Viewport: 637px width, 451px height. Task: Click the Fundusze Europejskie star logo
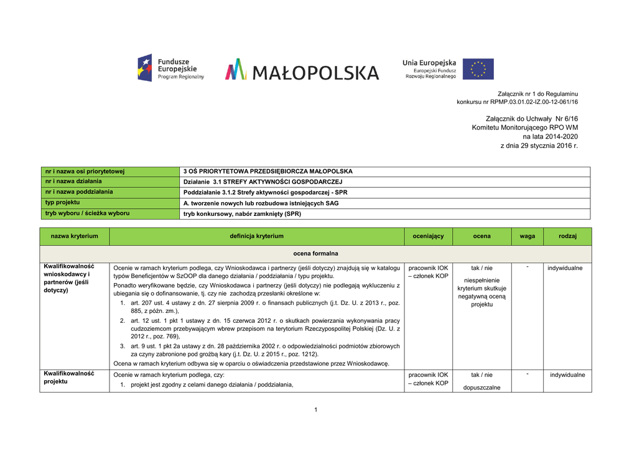(145, 68)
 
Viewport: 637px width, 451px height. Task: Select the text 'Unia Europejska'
(429, 63)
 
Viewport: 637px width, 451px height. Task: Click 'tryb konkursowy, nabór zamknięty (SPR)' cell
(242, 214)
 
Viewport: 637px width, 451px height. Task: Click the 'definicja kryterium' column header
(256, 236)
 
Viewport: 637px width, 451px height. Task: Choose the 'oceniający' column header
(429, 236)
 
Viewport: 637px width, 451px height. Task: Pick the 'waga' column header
(527, 236)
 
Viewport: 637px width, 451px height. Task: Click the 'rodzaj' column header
(567, 236)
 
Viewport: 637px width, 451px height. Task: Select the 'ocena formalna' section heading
(315, 254)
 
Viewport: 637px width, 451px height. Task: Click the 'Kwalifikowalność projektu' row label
(68, 378)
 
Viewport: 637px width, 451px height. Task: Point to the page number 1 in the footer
(316, 409)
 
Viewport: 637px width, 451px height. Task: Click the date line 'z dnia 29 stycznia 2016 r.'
(539, 146)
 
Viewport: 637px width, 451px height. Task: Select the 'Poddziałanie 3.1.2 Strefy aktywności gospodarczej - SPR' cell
(266, 192)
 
